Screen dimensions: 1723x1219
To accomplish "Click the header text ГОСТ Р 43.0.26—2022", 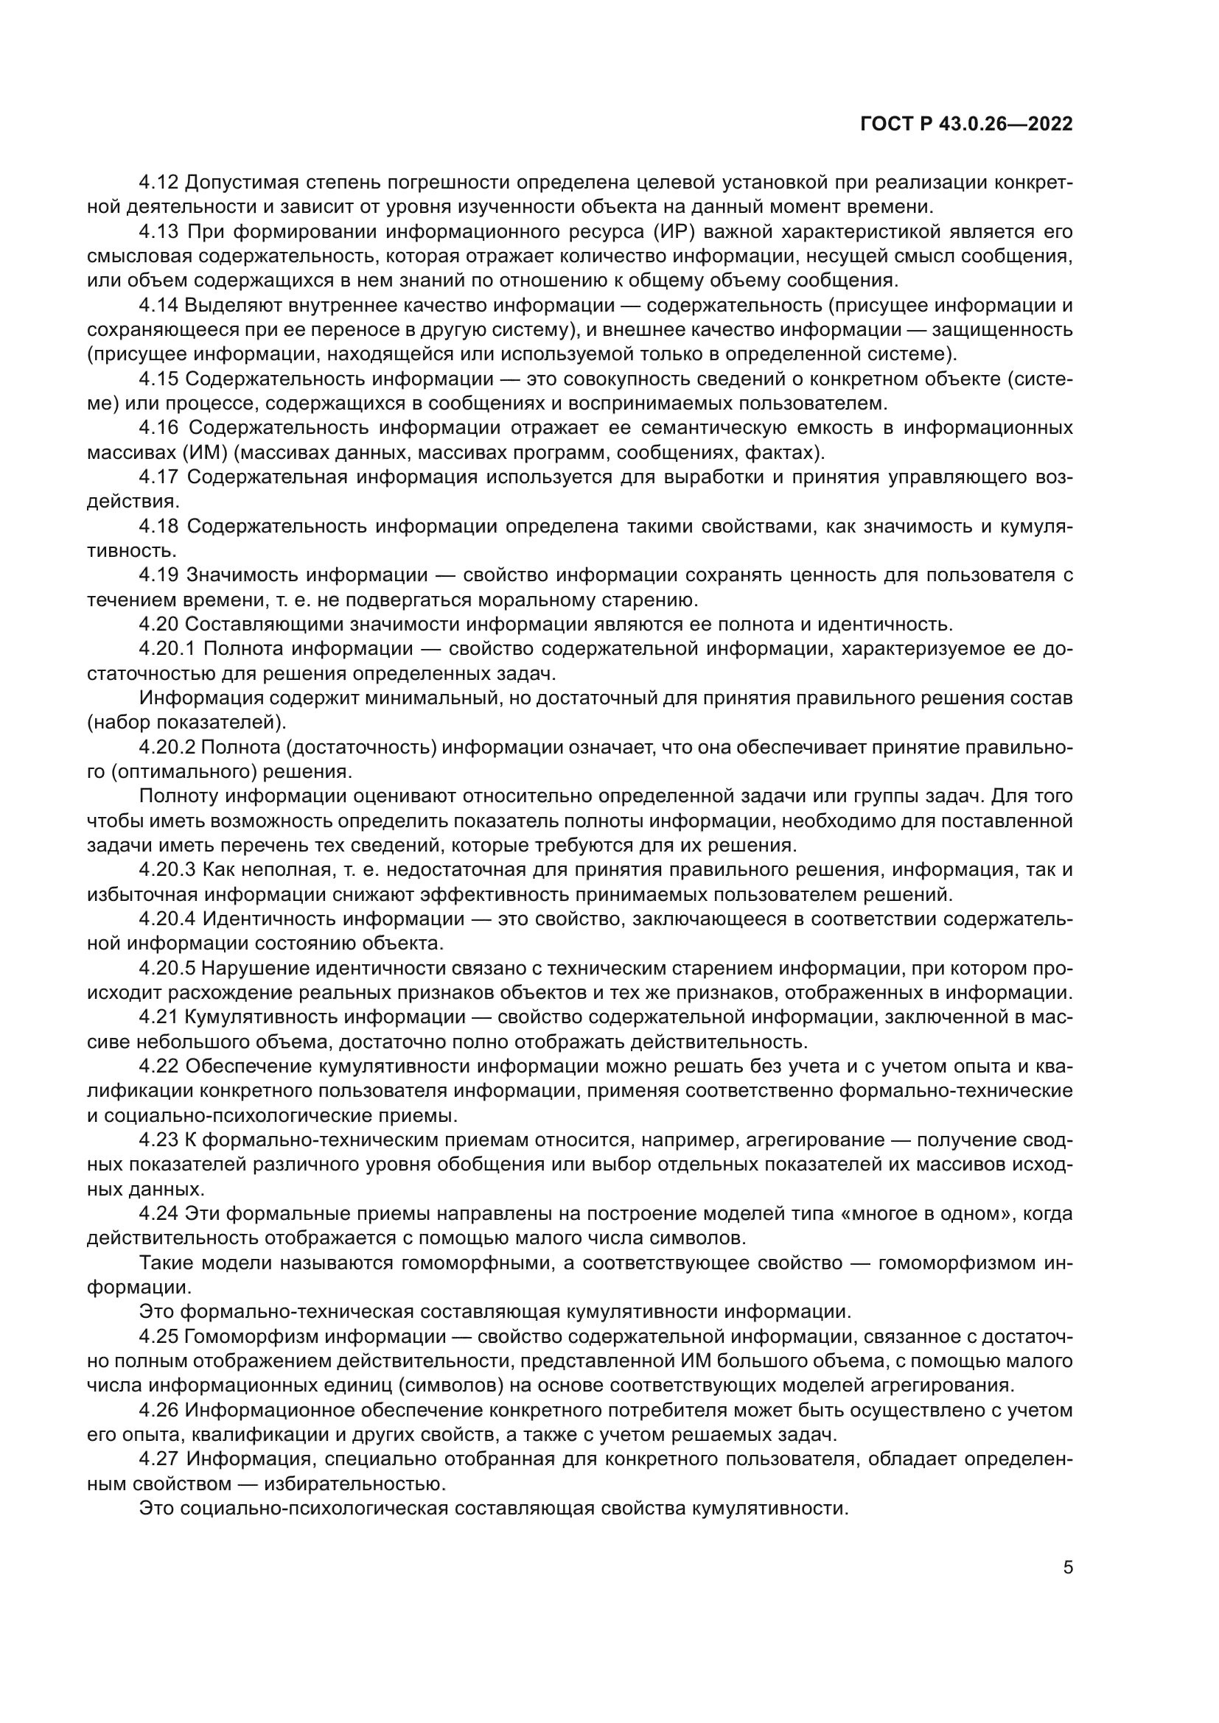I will (x=965, y=124).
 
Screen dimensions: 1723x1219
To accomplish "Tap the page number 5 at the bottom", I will (x=1067, y=1568).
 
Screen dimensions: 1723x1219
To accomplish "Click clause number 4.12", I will (x=158, y=183).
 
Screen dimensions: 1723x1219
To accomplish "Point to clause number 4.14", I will (x=158, y=306).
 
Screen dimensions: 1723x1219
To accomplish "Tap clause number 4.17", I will (x=159, y=477).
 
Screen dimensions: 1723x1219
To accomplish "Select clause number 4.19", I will (x=159, y=575).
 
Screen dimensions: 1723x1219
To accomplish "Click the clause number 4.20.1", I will (x=167, y=649).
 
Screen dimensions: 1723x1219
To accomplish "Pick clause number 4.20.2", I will (x=167, y=748).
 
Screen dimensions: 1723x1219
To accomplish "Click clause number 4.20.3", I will (x=167, y=871).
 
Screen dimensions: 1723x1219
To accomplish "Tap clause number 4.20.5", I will (x=167, y=969).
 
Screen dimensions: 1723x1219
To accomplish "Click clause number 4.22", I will (x=158, y=1067).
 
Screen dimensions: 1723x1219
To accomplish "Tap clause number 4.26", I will (x=158, y=1411).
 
